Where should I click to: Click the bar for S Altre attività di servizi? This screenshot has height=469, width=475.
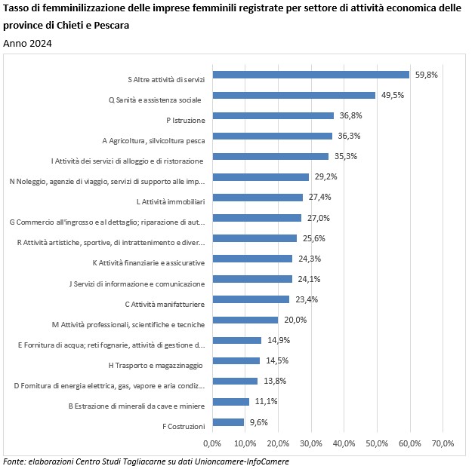coord(311,75)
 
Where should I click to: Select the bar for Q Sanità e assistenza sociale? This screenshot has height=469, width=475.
coord(294,95)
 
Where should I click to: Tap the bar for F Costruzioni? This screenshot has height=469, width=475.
coord(228,422)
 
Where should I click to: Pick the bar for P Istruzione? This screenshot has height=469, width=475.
coord(273,115)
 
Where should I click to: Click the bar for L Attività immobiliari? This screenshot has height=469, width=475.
coord(258,198)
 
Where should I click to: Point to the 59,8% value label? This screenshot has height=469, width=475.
coord(426,75)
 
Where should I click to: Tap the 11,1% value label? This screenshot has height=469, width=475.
coord(265,402)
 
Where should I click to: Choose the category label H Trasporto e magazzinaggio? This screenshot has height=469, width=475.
coord(156,366)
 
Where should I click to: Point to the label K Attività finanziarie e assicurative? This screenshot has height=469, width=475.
coord(148,263)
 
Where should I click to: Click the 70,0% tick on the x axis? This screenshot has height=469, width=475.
coord(443,443)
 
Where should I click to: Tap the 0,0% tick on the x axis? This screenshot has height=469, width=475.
coord(212,443)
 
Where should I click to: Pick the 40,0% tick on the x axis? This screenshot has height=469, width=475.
coord(344,443)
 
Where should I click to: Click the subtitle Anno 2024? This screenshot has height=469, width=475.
coord(28,44)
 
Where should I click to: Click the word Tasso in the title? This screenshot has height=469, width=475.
coord(18,10)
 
